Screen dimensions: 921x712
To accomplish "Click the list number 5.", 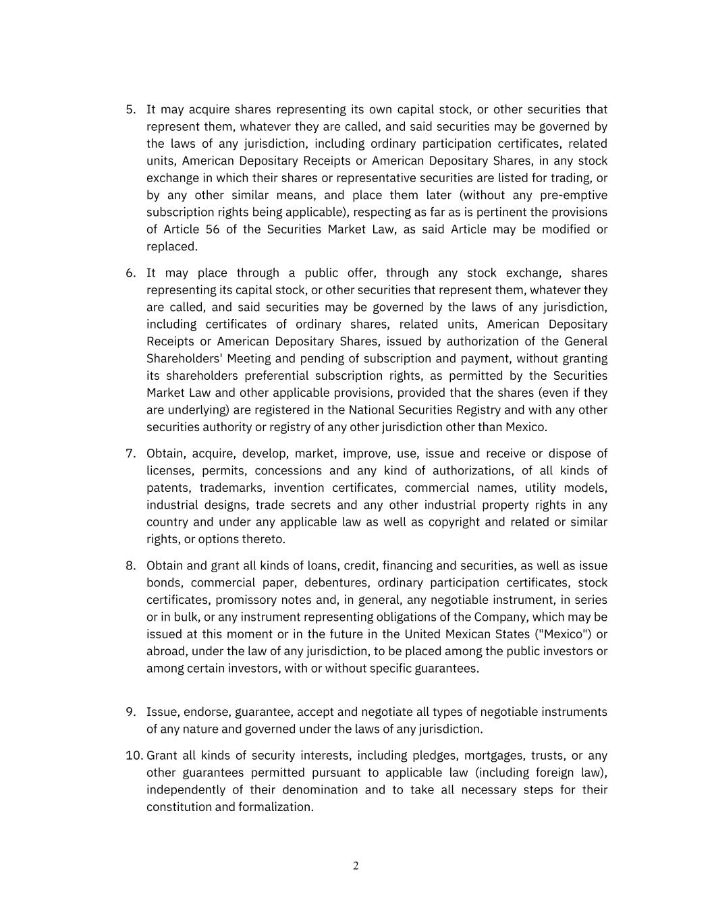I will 131,109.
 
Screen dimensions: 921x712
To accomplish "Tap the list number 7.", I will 131,453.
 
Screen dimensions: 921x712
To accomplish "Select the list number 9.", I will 131,712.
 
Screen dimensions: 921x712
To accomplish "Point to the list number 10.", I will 134,756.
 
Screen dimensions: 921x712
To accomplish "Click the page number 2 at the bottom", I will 356,866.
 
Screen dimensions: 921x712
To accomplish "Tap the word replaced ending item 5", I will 171,246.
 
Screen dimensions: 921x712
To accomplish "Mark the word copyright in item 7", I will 452,522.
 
